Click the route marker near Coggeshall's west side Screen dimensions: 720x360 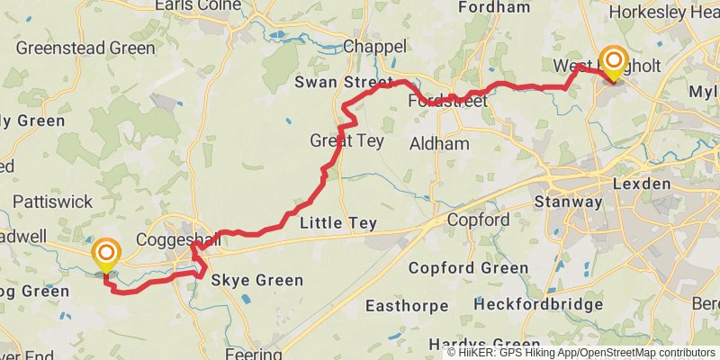click(x=106, y=253)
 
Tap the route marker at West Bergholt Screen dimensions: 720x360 click(x=614, y=62)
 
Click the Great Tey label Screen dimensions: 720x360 click(x=346, y=141)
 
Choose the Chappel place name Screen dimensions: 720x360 click(x=375, y=46)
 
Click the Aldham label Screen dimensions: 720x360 click(x=439, y=143)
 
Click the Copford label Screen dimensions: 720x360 click(x=479, y=220)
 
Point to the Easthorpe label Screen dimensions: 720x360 click(x=406, y=306)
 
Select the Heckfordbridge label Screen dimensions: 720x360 click(x=538, y=305)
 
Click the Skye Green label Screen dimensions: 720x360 click(x=257, y=281)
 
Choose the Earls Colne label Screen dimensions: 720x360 click(x=198, y=5)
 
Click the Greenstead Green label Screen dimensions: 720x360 click(x=85, y=48)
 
